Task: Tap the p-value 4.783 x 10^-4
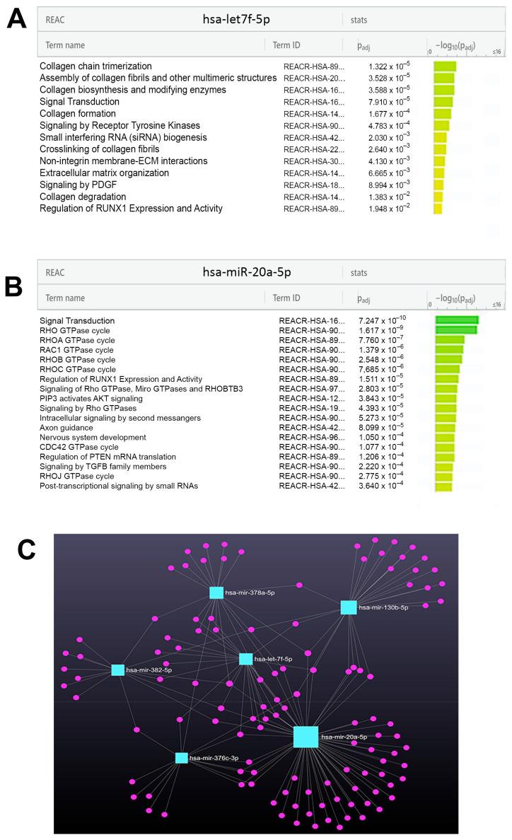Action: [389, 125]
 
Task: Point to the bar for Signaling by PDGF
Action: [438, 185]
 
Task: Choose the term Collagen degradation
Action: [83, 197]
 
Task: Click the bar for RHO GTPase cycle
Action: [456, 330]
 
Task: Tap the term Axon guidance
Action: [66, 428]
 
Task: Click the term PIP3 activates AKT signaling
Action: [91, 399]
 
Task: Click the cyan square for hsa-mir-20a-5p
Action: [306, 737]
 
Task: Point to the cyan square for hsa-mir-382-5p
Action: [117, 670]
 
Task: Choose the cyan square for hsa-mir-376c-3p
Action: [181, 758]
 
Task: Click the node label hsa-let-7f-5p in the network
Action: [273, 659]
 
